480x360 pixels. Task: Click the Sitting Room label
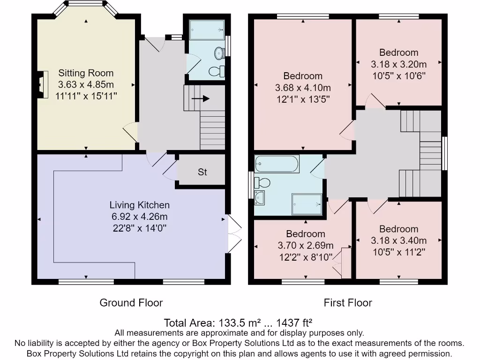coord(86,73)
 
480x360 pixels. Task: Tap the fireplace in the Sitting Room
coord(43,84)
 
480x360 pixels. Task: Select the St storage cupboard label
coord(202,172)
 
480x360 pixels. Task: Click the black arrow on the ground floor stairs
coord(201,98)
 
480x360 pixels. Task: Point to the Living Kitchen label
coord(140,205)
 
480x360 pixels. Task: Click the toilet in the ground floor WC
coord(217,72)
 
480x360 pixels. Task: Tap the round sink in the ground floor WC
coord(219,53)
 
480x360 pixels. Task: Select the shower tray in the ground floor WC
coord(207,30)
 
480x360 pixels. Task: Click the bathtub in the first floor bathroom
coord(277,164)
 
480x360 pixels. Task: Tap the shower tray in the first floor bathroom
coord(307,204)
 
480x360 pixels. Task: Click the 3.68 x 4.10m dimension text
coord(303,88)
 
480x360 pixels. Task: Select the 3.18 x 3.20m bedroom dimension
coord(398,64)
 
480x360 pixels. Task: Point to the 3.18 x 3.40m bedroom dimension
coord(398,240)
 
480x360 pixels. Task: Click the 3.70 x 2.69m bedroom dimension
coord(306,246)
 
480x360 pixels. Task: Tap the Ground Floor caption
coord(131,303)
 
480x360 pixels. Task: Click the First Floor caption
coord(348,303)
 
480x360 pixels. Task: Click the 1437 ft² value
coord(294,323)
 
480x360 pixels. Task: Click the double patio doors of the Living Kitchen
coord(235,235)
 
